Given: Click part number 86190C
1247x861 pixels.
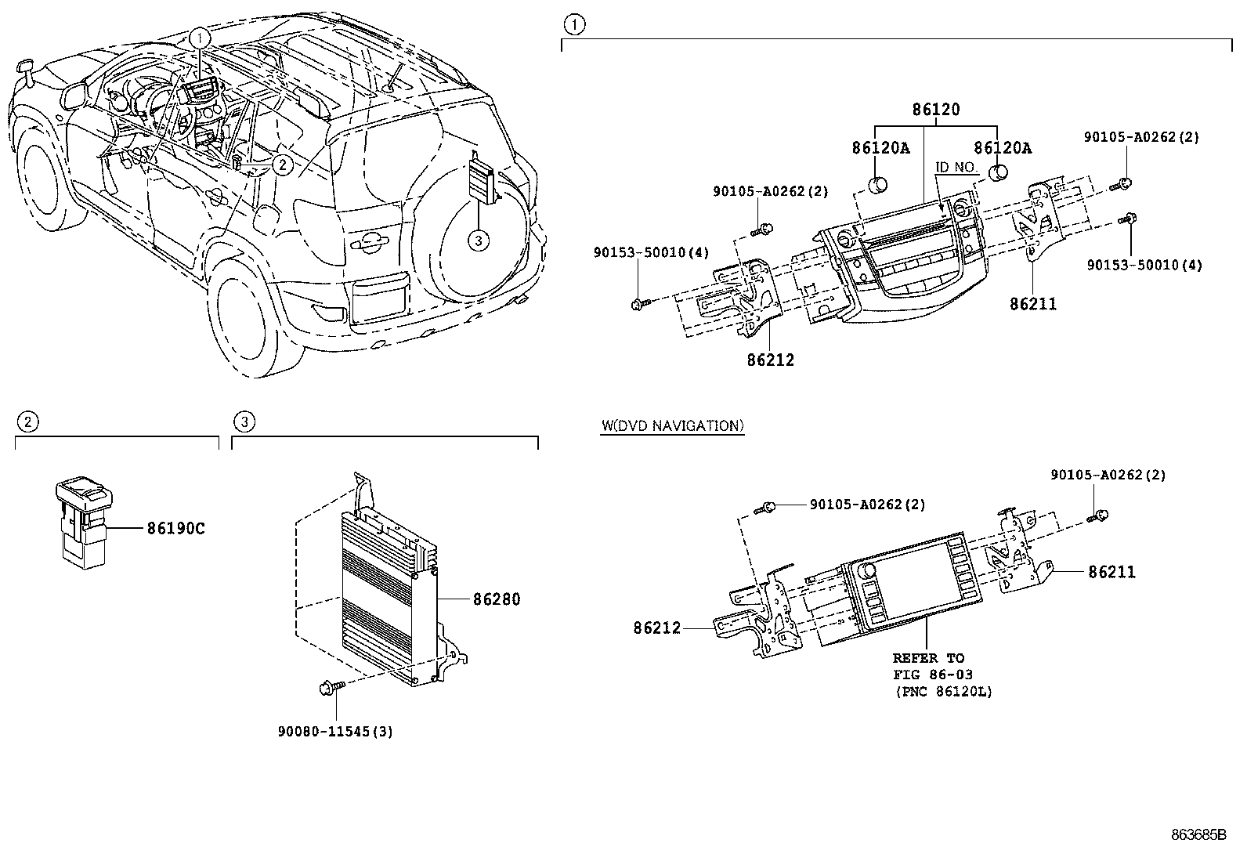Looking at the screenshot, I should click(x=175, y=529).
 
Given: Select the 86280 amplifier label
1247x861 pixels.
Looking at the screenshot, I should click(x=496, y=599).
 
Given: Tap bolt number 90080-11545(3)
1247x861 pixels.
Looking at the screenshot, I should click(x=335, y=732).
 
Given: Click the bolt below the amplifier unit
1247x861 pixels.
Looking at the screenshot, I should click(x=327, y=688).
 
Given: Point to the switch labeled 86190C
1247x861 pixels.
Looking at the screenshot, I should click(x=84, y=519).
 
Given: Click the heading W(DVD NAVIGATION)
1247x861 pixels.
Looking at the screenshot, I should click(x=672, y=426).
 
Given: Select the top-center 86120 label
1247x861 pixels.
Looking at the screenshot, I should click(x=935, y=110).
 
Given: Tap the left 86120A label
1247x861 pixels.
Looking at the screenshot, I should click(x=880, y=147).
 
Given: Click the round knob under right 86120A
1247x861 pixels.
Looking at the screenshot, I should click(x=998, y=172).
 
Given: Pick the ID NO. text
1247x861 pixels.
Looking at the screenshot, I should click(x=956, y=168).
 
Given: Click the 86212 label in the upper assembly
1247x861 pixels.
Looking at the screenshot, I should click(x=770, y=360).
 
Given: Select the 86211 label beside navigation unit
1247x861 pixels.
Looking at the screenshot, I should click(x=1111, y=573).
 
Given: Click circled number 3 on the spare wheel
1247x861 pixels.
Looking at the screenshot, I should click(x=478, y=241).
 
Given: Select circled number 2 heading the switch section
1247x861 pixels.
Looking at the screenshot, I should click(x=27, y=423).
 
